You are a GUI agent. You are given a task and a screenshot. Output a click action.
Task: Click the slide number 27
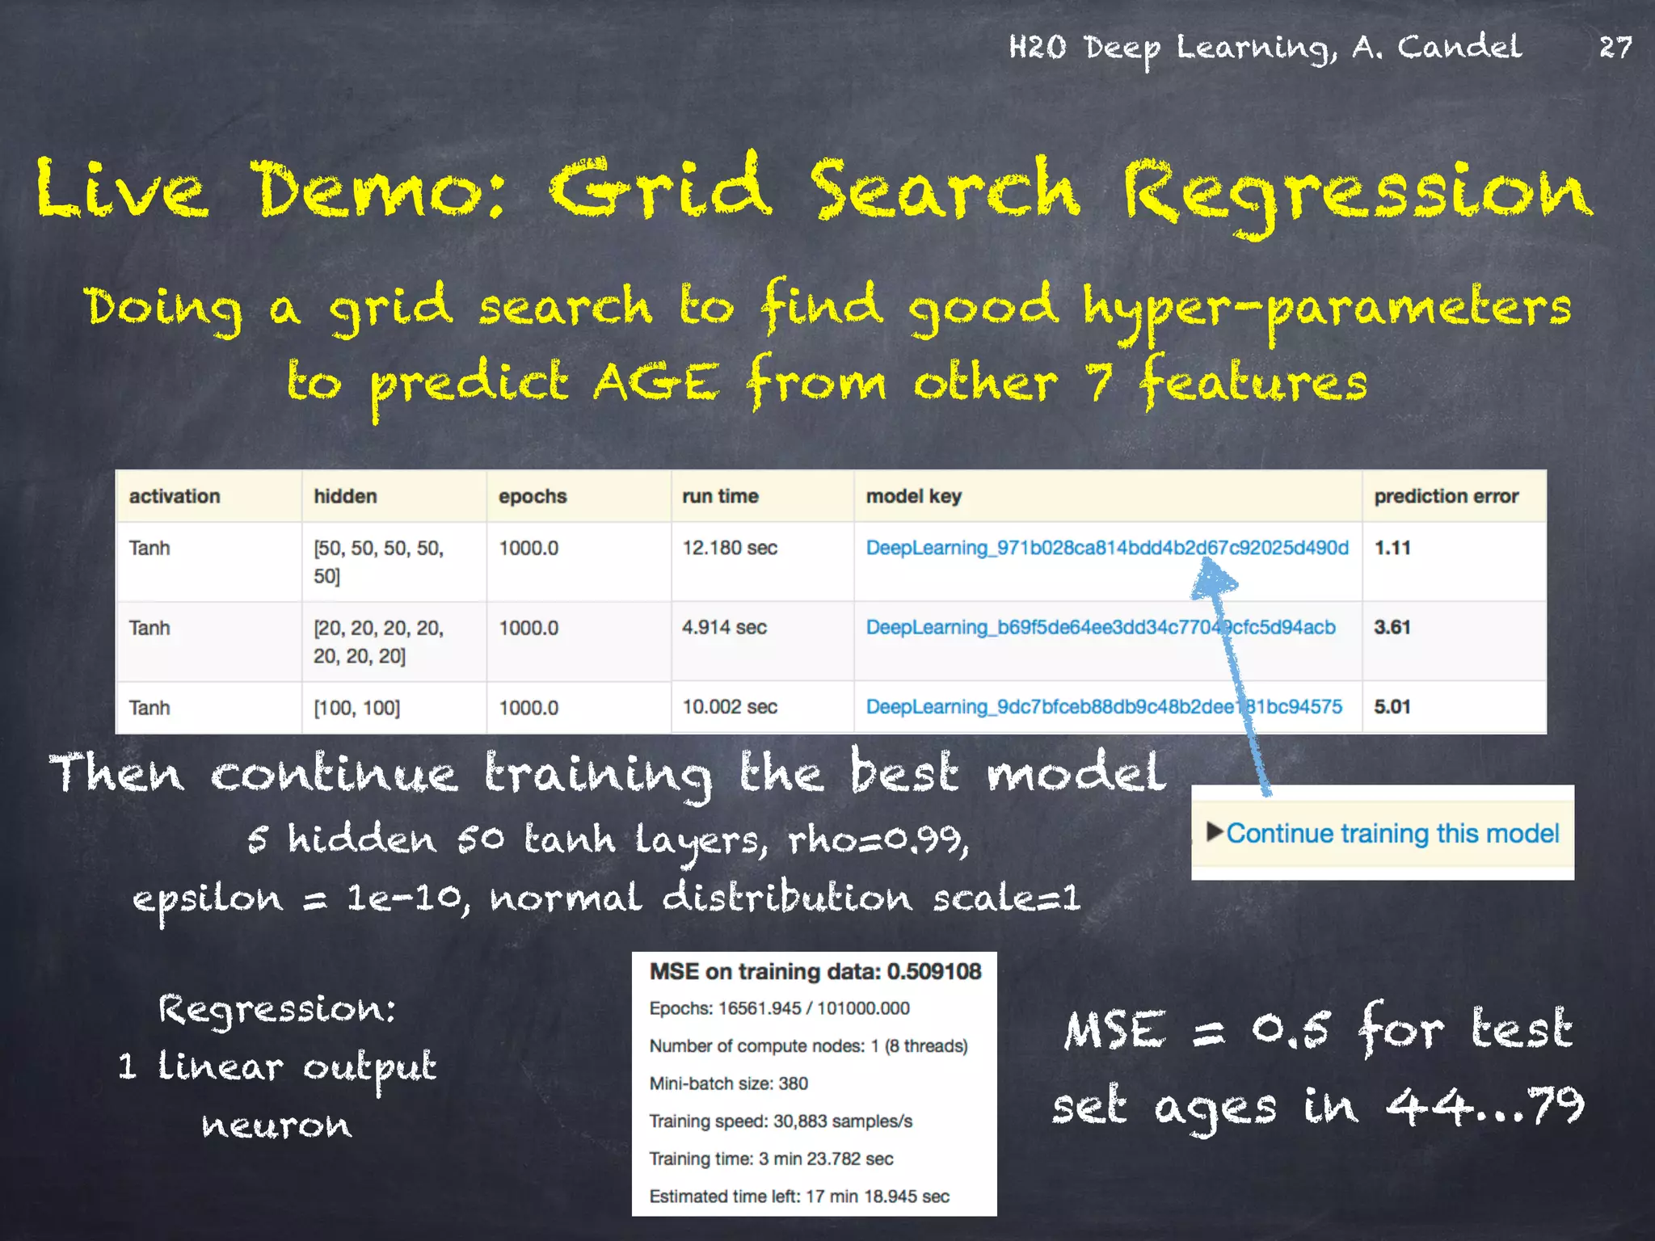click(x=1615, y=47)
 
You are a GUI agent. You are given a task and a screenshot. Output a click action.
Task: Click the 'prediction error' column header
click(x=1446, y=496)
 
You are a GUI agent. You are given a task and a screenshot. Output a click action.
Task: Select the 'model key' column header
click(x=913, y=496)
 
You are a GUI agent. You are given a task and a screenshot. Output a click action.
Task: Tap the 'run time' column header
click(x=720, y=496)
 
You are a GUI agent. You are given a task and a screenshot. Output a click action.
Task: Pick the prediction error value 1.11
click(x=1392, y=548)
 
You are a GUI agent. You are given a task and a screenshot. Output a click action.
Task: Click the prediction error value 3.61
click(x=1392, y=627)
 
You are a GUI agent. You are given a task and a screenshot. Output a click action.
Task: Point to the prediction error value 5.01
click(x=1392, y=707)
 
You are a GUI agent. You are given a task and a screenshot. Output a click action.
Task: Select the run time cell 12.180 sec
click(x=729, y=548)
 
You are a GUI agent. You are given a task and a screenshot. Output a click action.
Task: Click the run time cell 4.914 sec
click(x=724, y=627)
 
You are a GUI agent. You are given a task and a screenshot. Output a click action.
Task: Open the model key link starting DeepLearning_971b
click(x=1106, y=548)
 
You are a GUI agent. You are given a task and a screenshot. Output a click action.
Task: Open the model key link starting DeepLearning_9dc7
click(x=1103, y=707)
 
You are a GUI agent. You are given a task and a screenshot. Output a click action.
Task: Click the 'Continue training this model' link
click(x=1392, y=833)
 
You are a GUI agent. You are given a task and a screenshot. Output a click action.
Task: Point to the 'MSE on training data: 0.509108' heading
click(x=815, y=971)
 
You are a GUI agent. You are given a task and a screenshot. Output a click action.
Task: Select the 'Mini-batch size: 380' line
click(x=728, y=1083)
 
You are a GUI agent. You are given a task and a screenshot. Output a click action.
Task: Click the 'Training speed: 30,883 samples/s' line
click(x=781, y=1121)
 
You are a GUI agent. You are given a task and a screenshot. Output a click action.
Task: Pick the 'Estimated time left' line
click(x=798, y=1197)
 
